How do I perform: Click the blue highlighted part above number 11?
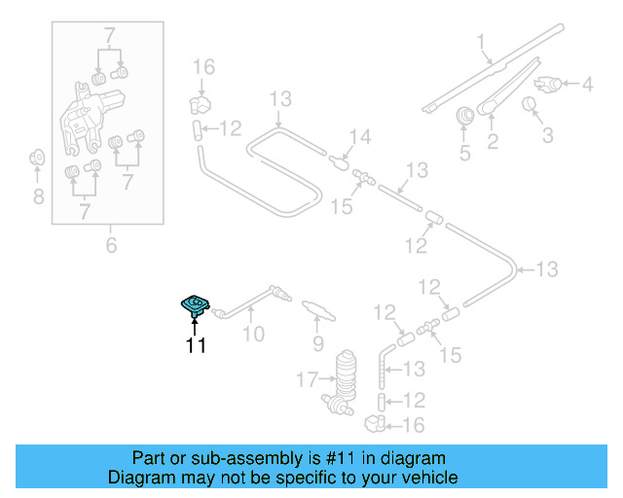coord(195,306)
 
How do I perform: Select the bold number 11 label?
coord(196,345)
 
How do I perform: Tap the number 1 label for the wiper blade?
coord(480,41)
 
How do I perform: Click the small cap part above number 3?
coord(531,105)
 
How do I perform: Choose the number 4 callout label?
coord(588,85)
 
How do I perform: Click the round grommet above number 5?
coord(464,115)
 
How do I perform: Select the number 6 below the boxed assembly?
coord(111,246)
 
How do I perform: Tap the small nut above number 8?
coord(37,156)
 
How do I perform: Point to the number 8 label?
coord(37,198)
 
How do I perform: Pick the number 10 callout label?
coord(253,336)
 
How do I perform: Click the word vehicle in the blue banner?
coord(423,478)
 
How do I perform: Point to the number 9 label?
coord(317,343)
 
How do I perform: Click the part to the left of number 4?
coord(551,84)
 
